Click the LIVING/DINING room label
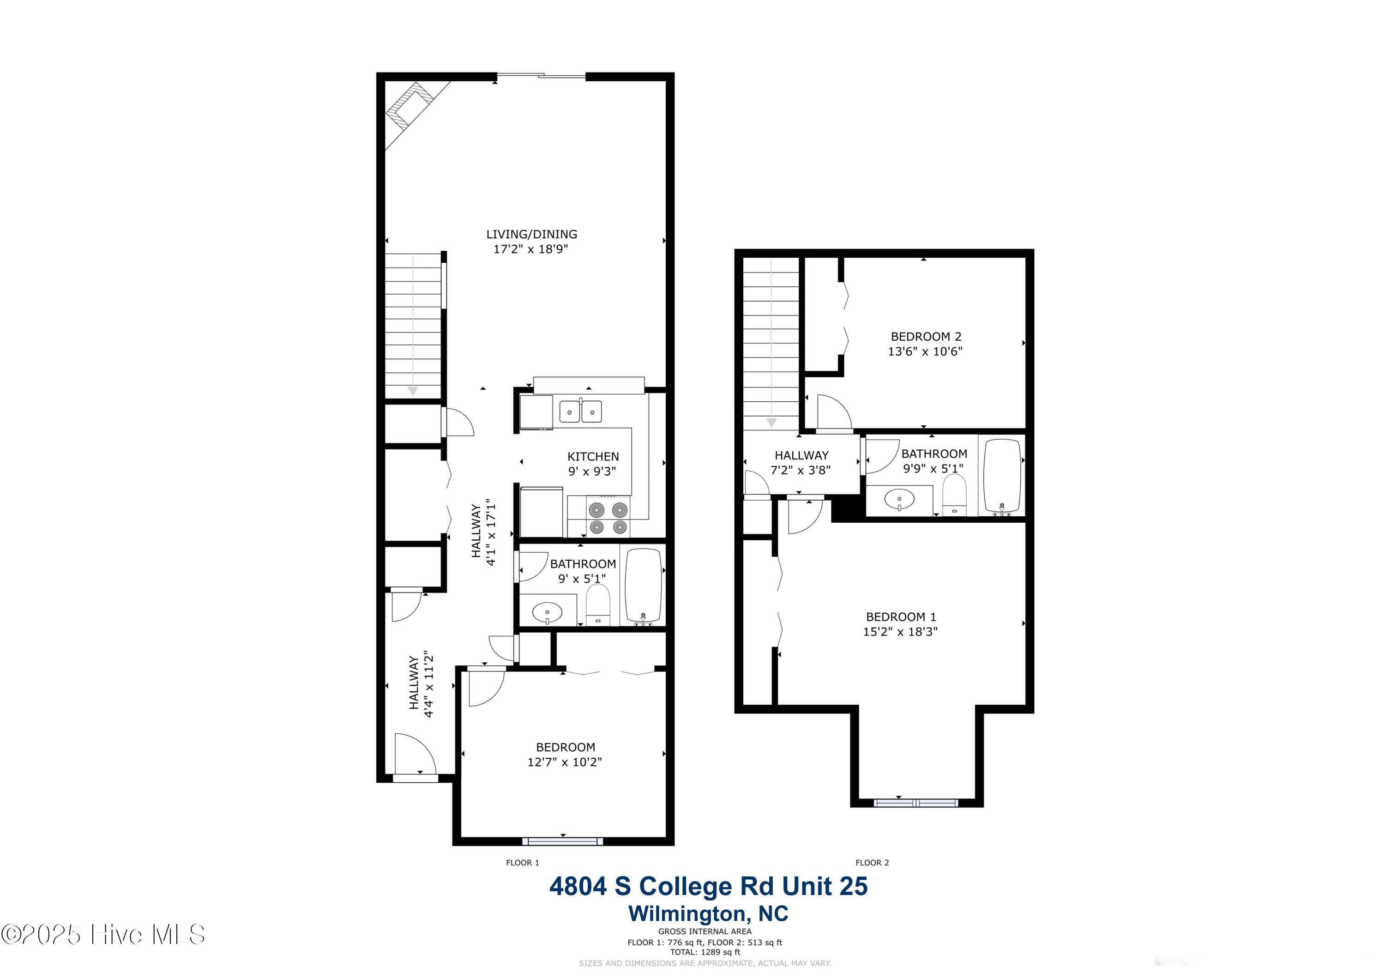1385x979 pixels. coord(531,234)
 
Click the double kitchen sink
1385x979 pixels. coord(580,411)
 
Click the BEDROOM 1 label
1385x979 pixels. coord(901,617)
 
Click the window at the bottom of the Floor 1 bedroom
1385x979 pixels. coord(562,841)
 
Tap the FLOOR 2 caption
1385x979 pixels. coord(872,863)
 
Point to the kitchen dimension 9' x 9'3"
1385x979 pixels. coord(592,471)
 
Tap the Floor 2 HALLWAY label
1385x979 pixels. coord(801,455)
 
